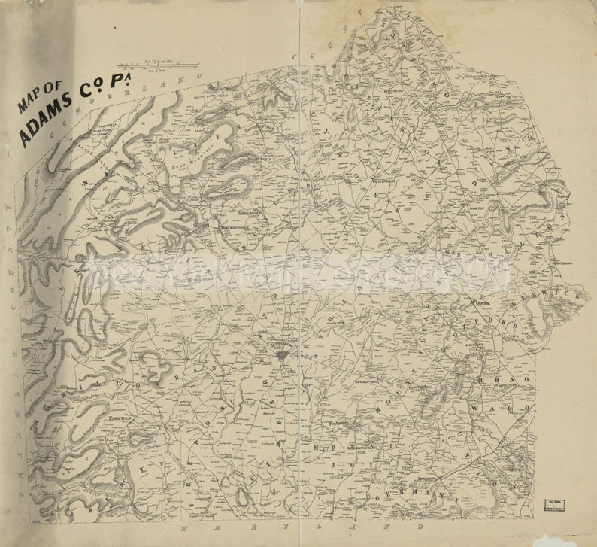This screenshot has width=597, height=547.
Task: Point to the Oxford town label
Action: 478,305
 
